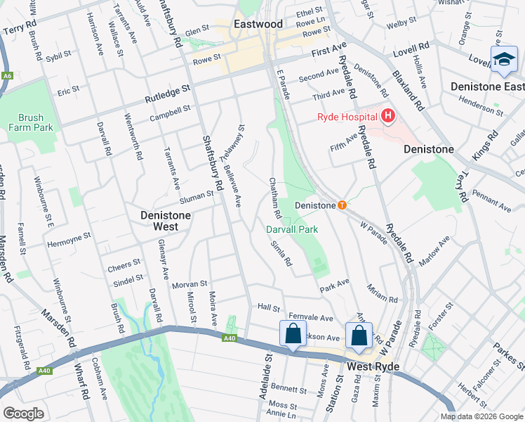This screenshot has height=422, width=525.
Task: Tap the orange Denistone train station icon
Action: click(x=342, y=205)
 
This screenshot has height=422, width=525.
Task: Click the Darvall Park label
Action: click(x=292, y=229)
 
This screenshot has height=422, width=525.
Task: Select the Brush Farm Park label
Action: click(x=31, y=123)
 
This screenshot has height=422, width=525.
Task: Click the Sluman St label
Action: click(x=197, y=196)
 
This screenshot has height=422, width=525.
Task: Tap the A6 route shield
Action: click(x=7, y=75)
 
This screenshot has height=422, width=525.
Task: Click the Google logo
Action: click(x=23, y=414)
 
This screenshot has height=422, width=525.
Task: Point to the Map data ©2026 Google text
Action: click(x=481, y=416)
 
